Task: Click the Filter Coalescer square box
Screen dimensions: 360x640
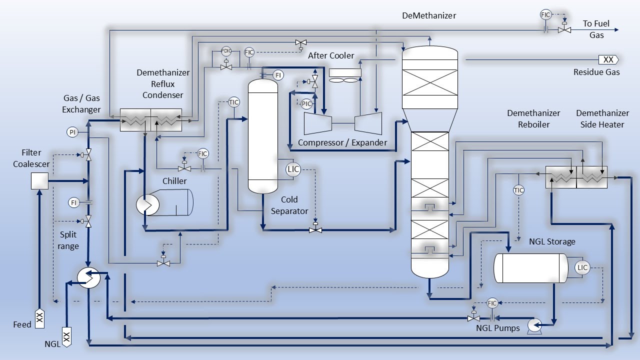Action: pyautogui.click(x=39, y=181)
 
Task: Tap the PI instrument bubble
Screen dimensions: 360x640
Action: pyautogui.click(x=72, y=132)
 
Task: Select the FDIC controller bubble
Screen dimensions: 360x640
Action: pyautogui.click(x=226, y=51)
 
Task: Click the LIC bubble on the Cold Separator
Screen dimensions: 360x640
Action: pyautogui.click(x=293, y=169)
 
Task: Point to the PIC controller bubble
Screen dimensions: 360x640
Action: pyautogui.click(x=306, y=104)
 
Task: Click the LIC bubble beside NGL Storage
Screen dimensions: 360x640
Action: pyautogui.click(x=582, y=267)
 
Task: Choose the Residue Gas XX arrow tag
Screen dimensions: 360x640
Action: pyautogui.click(x=608, y=59)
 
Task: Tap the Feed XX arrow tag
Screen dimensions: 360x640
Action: pyautogui.click(x=39, y=316)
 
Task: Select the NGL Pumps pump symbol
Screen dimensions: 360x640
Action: pyautogui.click(x=534, y=325)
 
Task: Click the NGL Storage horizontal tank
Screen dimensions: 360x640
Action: pyautogui.click(x=530, y=268)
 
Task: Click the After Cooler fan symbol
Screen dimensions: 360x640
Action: pyautogui.click(x=345, y=76)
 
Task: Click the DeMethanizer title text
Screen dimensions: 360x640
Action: pyautogui.click(x=429, y=15)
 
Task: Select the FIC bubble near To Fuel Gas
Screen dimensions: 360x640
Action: pyautogui.click(x=545, y=15)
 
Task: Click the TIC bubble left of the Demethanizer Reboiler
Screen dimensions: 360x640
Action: pyautogui.click(x=518, y=190)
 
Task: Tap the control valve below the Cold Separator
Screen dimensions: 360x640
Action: pyautogui.click(x=315, y=229)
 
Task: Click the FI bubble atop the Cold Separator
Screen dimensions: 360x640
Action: pyautogui.click(x=278, y=75)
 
